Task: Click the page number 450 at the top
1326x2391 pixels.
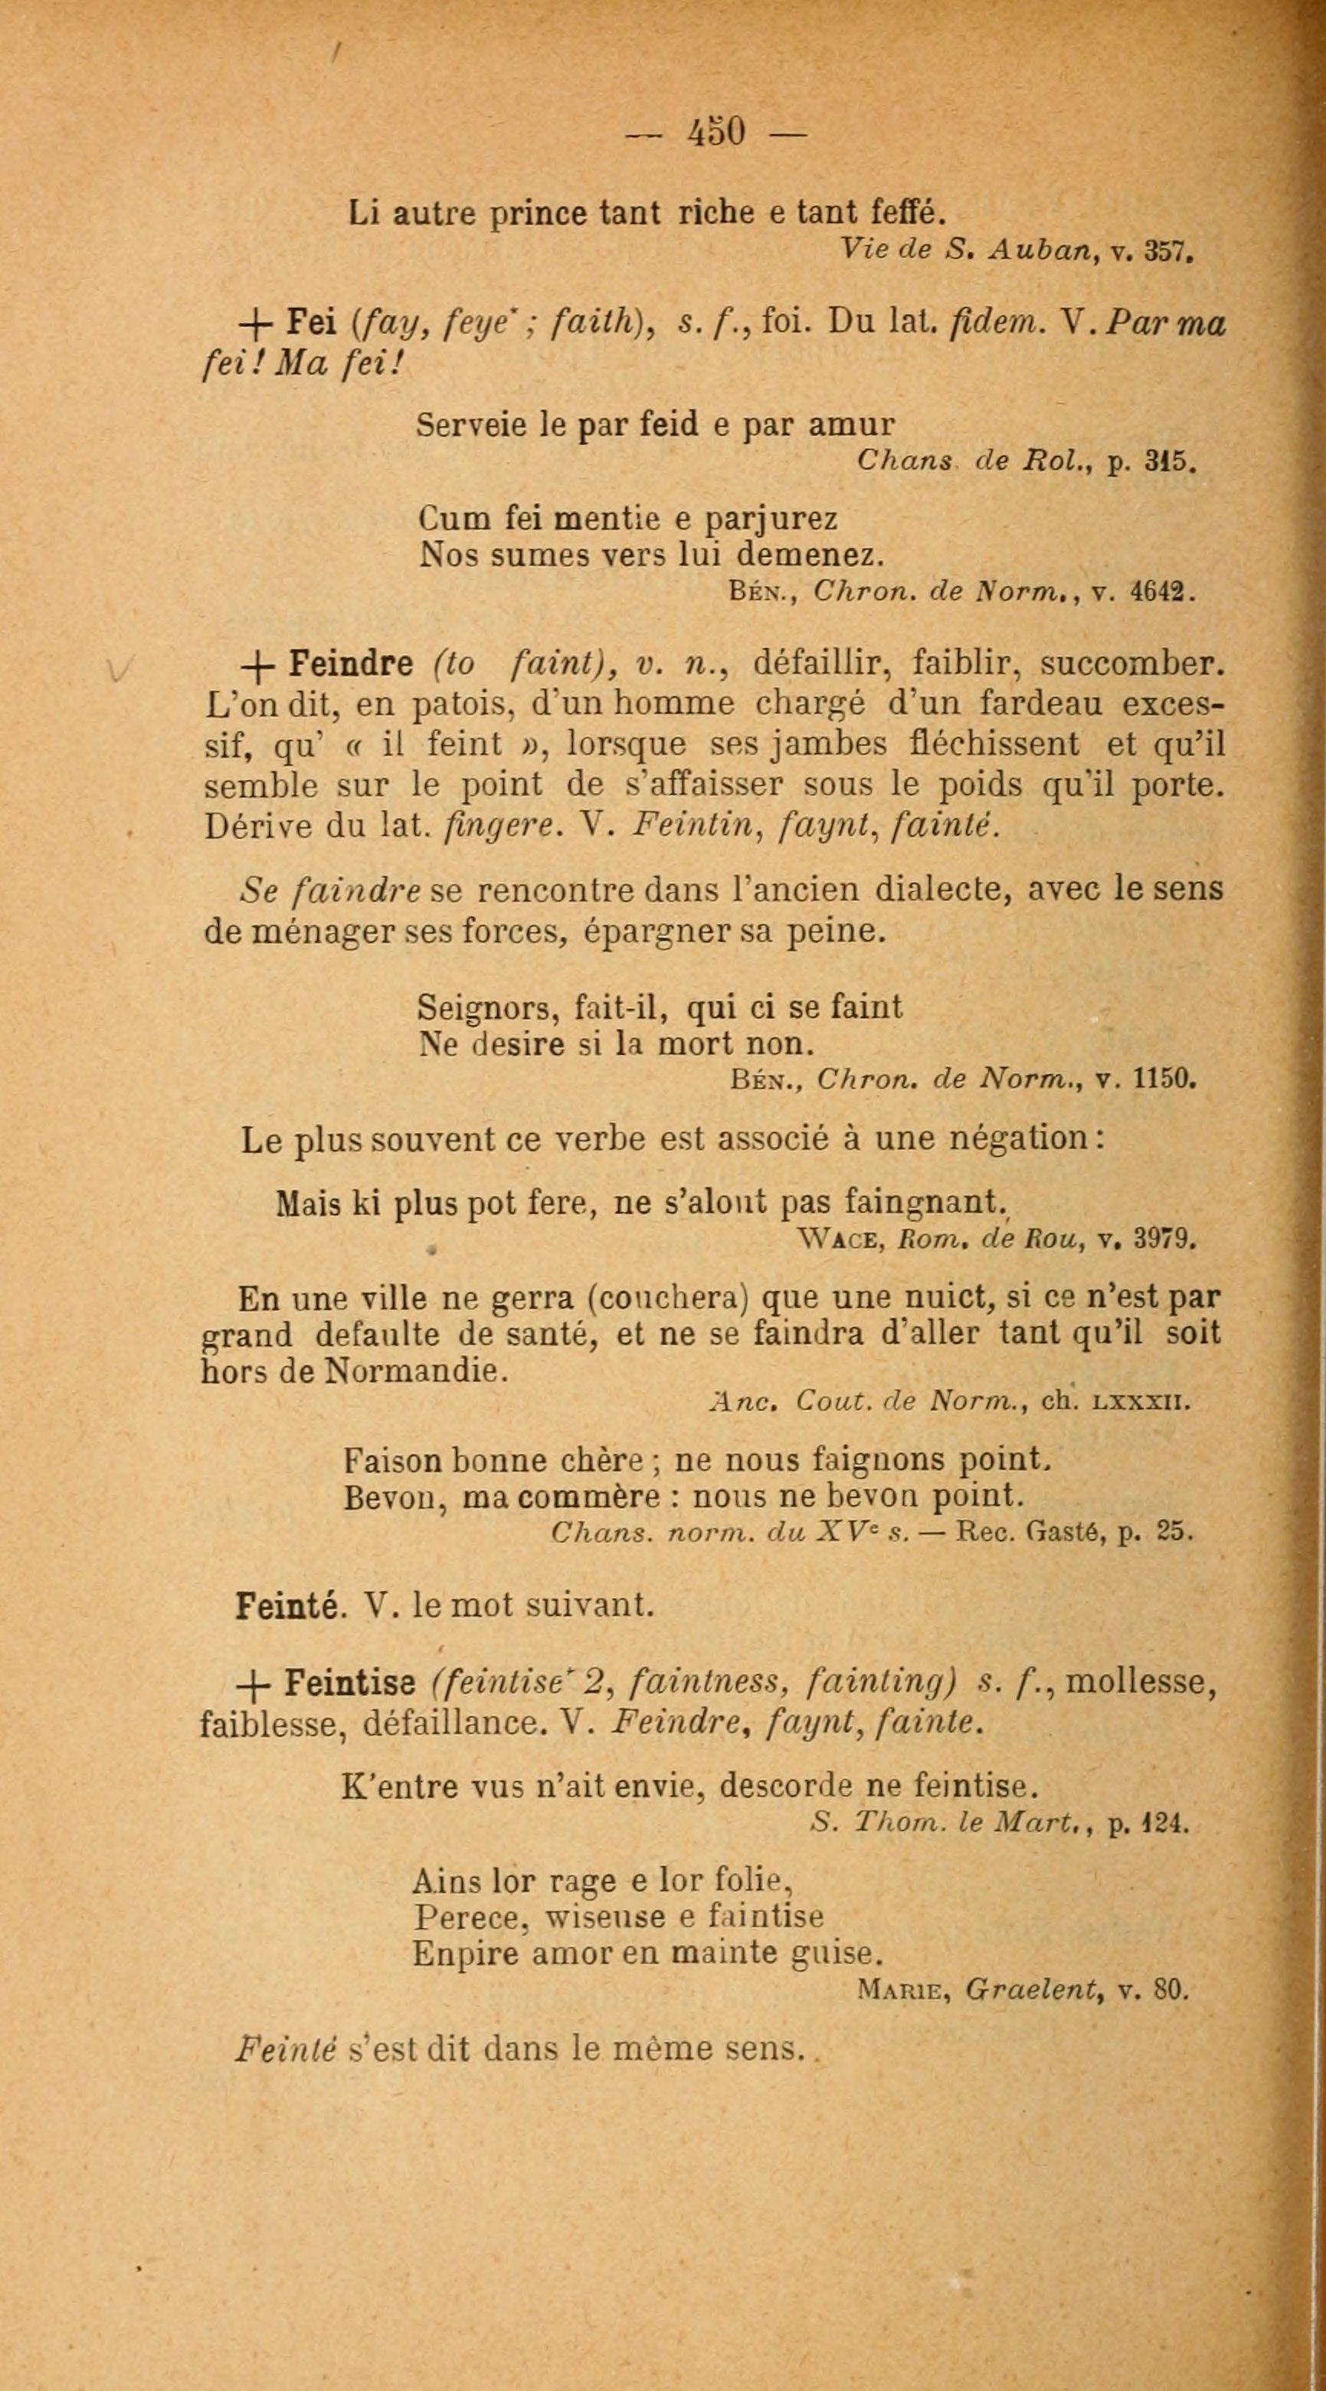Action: coord(715,132)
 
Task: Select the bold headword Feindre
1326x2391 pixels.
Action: coord(351,663)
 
